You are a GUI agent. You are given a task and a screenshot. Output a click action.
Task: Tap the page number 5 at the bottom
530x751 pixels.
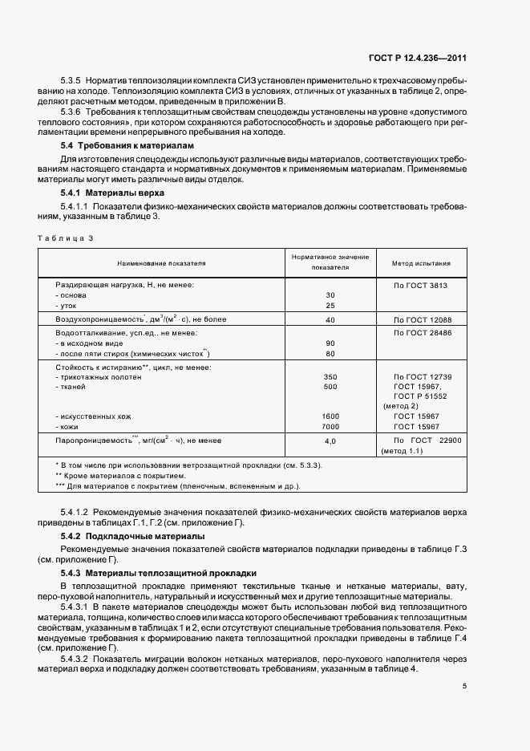(x=464, y=684)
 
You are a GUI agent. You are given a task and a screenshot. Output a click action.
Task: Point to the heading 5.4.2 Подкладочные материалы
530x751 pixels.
(x=132, y=535)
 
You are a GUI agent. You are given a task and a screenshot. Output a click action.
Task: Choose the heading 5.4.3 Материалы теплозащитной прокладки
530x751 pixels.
(x=158, y=573)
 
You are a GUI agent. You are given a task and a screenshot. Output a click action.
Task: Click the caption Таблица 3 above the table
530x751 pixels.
(x=65, y=238)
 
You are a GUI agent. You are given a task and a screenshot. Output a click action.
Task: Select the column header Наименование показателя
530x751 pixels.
(x=161, y=262)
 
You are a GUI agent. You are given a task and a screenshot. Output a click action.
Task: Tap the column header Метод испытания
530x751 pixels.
(x=420, y=262)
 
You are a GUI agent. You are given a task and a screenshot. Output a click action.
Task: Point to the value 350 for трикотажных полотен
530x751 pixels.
(x=330, y=376)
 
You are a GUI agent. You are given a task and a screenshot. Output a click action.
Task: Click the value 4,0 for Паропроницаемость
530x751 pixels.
(x=330, y=441)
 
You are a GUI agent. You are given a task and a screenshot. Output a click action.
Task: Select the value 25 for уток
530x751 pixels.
(x=330, y=306)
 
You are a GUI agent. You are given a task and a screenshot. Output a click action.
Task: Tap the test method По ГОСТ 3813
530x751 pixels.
(x=420, y=285)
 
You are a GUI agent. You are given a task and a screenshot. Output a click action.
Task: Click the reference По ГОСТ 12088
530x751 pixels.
(x=420, y=319)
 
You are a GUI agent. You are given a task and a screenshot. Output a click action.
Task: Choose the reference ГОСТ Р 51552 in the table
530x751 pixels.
(x=420, y=396)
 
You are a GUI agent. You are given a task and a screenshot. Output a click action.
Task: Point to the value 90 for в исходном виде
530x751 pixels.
(x=330, y=343)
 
